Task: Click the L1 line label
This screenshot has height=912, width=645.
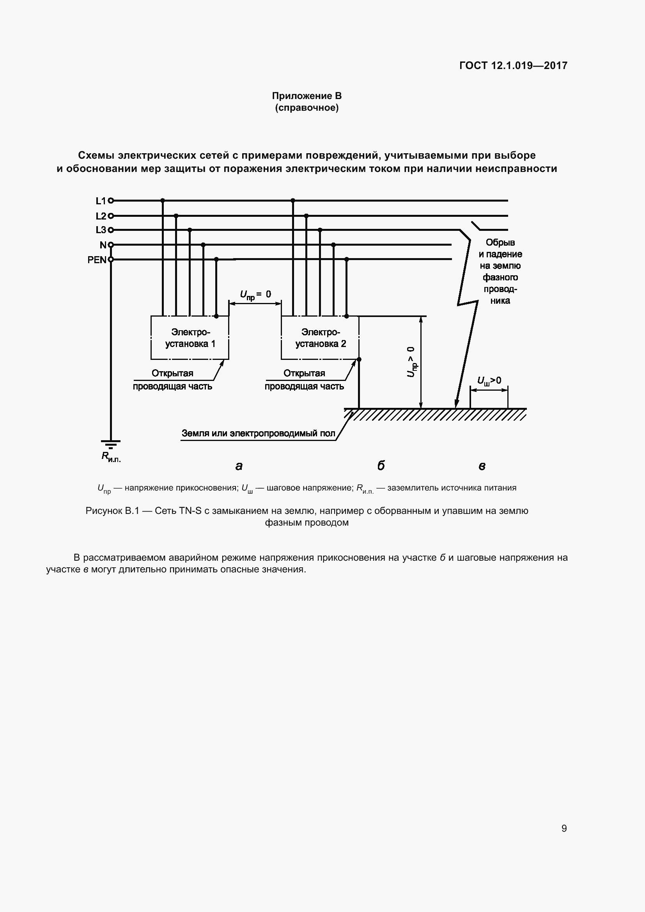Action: (x=101, y=201)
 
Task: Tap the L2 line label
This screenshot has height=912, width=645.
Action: (x=101, y=216)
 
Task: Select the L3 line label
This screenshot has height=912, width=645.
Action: (x=101, y=230)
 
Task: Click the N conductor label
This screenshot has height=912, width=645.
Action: (x=103, y=245)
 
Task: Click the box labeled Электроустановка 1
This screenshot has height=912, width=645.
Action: (x=190, y=338)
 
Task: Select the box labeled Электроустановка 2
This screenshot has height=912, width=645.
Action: (x=320, y=338)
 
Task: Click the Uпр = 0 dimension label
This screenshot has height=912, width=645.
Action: (x=255, y=295)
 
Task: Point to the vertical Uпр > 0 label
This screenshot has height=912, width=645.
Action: (x=411, y=361)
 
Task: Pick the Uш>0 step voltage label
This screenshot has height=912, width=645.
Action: (x=489, y=381)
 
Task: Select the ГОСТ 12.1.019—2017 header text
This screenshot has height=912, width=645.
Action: (x=513, y=66)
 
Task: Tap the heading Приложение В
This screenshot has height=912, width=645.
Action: (x=307, y=96)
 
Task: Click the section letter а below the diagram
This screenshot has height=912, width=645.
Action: (x=239, y=466)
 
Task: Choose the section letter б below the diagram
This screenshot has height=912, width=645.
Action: (x=381, y=465)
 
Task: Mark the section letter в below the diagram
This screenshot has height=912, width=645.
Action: (x=482, y=466)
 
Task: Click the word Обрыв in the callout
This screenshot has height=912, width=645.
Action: (x=500, y=242)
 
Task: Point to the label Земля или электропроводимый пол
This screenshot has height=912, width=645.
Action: (x=258, y=433)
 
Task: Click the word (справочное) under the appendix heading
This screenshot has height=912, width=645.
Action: (x=307, y=108)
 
